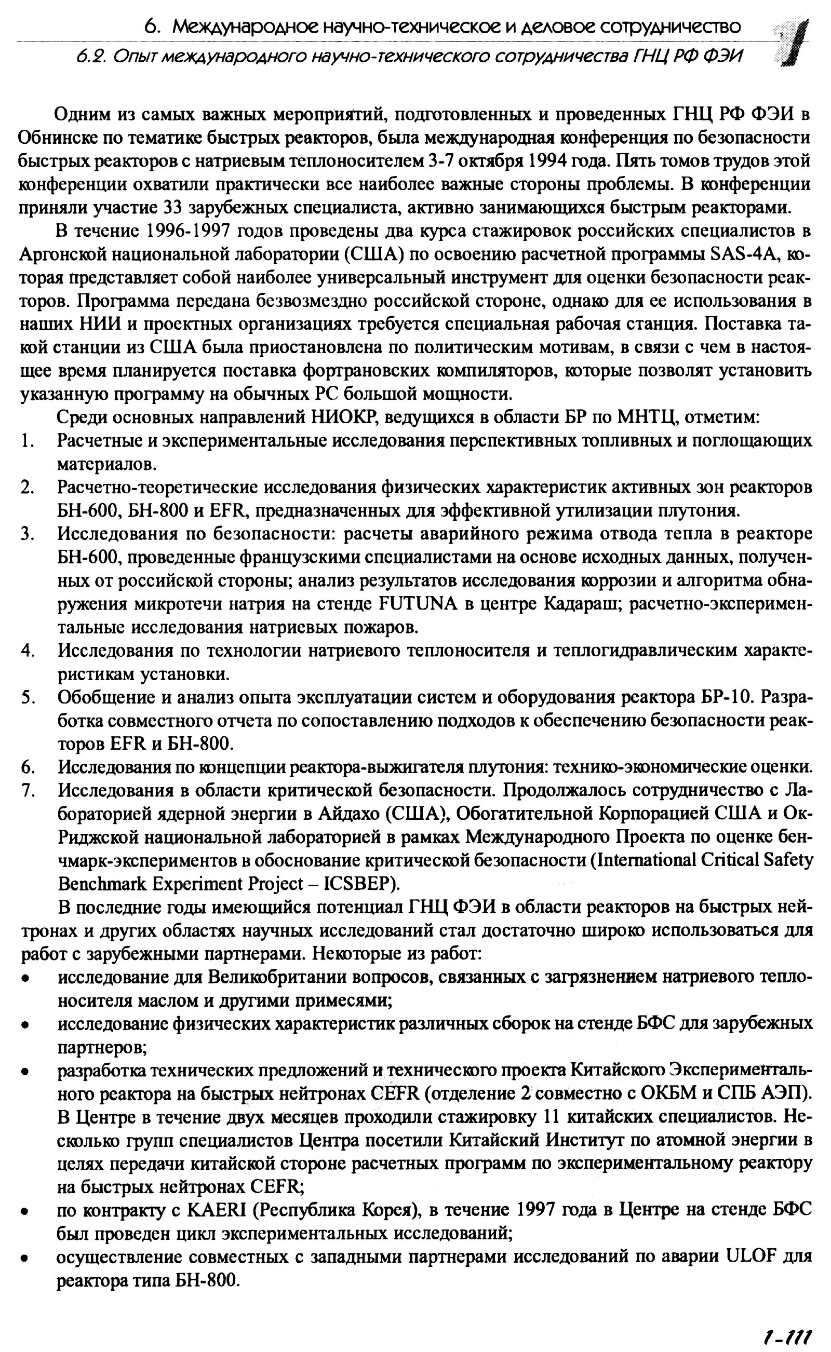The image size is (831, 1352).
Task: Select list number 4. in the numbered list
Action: pos(28,651)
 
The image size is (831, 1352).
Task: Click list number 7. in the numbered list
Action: pos(28,790)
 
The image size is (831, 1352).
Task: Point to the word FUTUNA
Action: pos(418,604)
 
